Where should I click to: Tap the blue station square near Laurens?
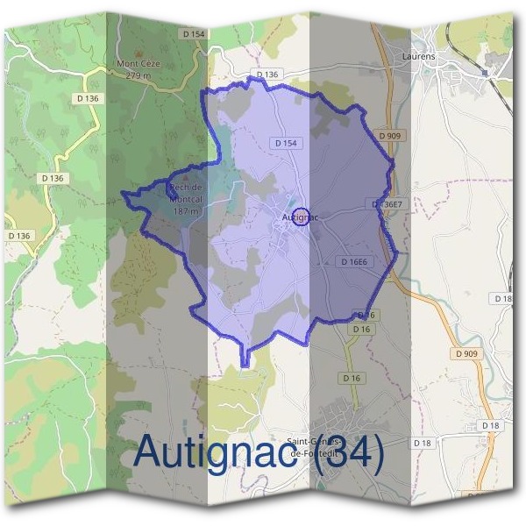pos(484,73)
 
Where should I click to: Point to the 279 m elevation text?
pos(139,75)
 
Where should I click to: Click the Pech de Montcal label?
pos(185,193)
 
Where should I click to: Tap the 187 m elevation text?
pos(184,211)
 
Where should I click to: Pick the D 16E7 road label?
pos(387,204)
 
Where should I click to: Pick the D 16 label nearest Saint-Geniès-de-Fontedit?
pos(352,378)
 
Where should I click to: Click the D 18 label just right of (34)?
pos(422,444)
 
